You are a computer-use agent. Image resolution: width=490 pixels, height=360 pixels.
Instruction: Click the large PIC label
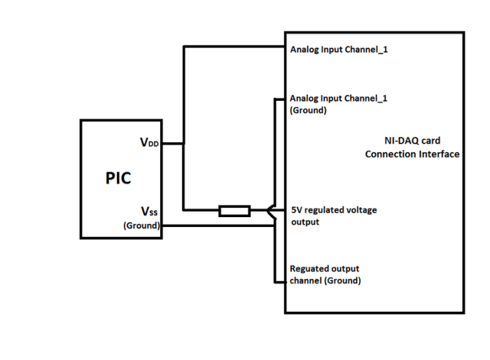[x=118, y=177]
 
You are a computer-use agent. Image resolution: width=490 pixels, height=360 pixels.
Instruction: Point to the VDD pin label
[x=150, y=144]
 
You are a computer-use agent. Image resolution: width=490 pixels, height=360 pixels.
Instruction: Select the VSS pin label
[x=150, y=212]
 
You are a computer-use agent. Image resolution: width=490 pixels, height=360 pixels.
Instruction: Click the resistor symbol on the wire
[x=234, y=210]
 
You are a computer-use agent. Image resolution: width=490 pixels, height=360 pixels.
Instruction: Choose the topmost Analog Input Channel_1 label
[x=339, y=50]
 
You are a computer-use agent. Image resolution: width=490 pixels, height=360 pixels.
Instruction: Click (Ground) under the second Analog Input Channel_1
[x=308, y=110]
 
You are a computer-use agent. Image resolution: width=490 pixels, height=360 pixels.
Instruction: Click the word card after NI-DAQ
[x=433, y=140]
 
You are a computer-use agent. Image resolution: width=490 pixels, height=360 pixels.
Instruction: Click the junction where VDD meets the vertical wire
[x=183, y=144]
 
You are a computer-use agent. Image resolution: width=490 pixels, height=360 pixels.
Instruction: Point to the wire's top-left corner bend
[x=183, y=47]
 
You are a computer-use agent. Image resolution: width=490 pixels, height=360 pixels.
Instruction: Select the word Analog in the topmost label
[x=304, y=50]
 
